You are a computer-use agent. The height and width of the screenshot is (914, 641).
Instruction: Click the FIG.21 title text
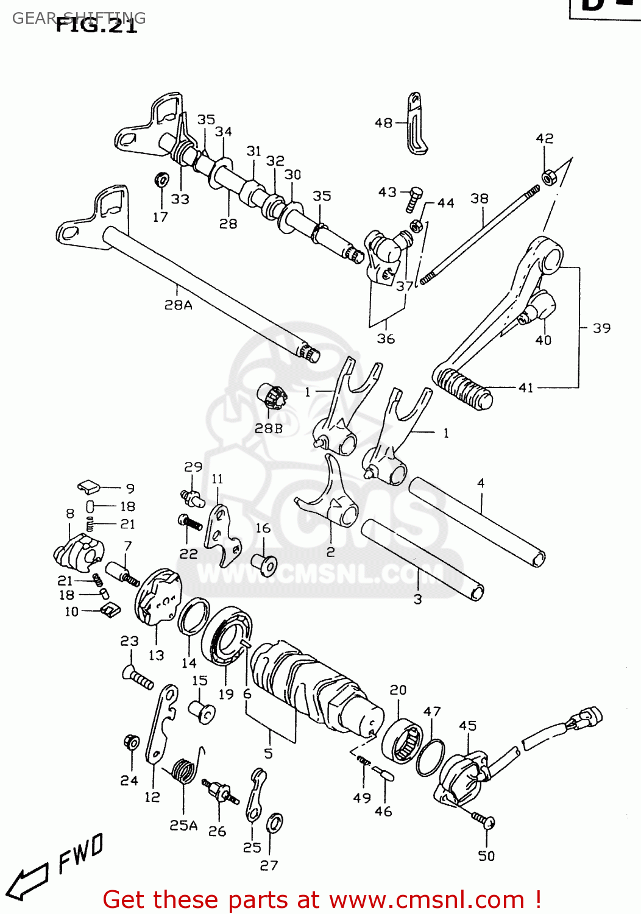click(x=96, y=25)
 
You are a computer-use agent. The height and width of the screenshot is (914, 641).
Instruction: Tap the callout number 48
click(x=383, y=123)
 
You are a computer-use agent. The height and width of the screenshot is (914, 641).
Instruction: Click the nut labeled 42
click(x=548, y=177)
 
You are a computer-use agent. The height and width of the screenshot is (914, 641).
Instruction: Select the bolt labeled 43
click(x=415, y=199)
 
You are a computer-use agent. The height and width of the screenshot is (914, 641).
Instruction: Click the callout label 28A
click(x=178, y=305)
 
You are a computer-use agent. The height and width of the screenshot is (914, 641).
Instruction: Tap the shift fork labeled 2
click(x=332, y=500)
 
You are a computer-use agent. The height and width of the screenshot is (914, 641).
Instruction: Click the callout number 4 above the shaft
click(x=481, y=483)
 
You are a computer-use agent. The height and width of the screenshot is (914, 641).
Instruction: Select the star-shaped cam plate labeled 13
click(x=157, y=597)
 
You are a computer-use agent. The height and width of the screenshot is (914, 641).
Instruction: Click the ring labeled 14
click(x=194, y=616)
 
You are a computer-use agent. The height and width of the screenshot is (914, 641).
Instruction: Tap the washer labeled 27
click(x=275, y=823)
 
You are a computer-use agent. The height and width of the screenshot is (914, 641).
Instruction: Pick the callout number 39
click(x=601, y=328)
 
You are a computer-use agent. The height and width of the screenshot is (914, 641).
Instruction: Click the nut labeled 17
click(x=162, y=180)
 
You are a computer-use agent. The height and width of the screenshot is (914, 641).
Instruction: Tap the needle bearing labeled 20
click(x=402, y=740)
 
